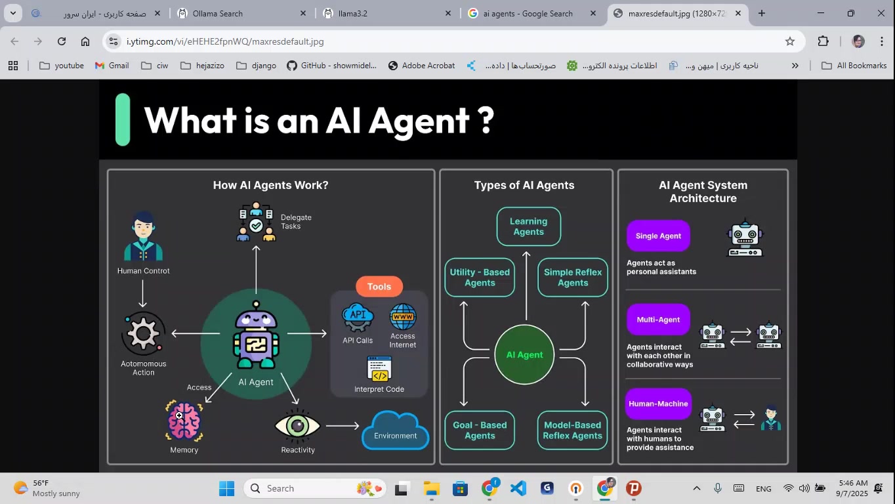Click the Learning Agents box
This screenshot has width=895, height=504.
528,226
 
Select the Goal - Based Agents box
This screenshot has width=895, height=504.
480,430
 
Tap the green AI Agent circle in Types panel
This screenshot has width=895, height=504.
524,355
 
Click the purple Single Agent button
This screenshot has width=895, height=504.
658,236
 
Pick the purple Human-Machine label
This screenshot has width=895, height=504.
658,404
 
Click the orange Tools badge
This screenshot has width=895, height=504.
379,287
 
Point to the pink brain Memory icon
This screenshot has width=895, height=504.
184,421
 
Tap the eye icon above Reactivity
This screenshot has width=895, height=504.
297,426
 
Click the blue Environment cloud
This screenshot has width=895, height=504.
395,432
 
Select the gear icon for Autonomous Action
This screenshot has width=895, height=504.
143,334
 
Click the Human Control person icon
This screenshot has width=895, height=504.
143,237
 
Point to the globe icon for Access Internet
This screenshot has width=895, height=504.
403,317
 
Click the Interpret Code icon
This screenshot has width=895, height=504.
379,369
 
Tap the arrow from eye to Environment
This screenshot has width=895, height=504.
343,426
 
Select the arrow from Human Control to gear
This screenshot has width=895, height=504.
142,293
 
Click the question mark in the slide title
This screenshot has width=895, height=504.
485,121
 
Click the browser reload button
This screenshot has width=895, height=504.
62,41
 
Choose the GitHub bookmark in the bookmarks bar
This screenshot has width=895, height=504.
332,66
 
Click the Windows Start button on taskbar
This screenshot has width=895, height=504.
226,489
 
